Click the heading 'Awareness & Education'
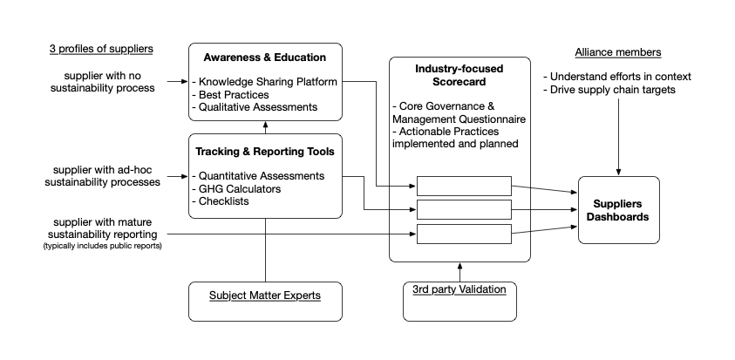265,58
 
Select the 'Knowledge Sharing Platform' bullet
265,82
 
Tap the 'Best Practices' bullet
231,95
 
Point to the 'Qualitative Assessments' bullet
255,107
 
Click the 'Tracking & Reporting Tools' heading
265,152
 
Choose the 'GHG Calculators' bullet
237,189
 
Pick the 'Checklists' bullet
221,201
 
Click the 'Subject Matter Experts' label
265,295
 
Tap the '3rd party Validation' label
459,289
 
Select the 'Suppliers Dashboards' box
619,210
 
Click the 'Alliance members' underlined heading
618,52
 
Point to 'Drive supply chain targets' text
609,90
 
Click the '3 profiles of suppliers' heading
101,49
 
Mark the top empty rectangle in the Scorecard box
464,186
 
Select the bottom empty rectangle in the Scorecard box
464,234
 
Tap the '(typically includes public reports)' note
102,246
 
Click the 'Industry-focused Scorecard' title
459,76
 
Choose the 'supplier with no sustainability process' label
103,82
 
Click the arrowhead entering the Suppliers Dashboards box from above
618,173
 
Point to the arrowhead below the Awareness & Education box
265,125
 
